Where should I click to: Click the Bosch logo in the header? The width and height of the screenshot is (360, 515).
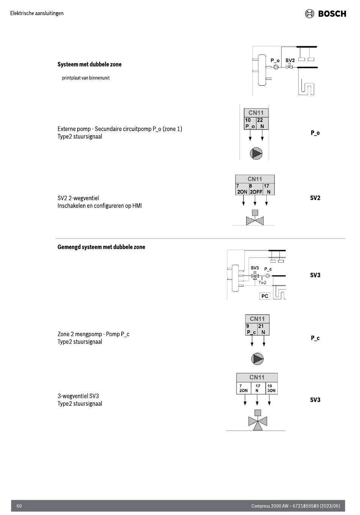(325, 14)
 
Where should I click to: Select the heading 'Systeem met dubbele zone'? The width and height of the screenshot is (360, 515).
(89, 64)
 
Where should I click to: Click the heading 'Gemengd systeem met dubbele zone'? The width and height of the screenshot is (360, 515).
(102, 247)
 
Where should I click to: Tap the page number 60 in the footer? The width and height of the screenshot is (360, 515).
(19, 506)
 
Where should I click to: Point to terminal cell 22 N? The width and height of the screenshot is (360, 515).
(262, 123)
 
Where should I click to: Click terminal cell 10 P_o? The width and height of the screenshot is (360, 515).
(250, 123)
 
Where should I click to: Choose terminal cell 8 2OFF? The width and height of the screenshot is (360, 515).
(256, 189)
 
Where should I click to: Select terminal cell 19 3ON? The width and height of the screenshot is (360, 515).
(271, 388)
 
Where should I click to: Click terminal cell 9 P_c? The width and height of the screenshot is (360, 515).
(251, 329)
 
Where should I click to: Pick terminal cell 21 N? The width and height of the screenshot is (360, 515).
(263, 329)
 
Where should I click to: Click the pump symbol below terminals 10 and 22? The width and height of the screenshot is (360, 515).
(256, 153)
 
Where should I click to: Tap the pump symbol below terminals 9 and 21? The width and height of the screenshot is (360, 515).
(257, 358)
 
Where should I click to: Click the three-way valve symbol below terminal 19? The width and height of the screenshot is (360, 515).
(258, 420)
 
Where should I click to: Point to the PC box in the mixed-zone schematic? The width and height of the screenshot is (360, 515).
(265, 296)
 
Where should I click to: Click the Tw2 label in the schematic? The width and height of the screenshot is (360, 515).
(262, 283)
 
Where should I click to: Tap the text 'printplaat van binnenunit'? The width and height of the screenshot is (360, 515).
(86, 78)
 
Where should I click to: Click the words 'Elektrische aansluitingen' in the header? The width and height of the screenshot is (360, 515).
(37, 13)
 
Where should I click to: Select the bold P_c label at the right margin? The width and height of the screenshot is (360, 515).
(315, 338)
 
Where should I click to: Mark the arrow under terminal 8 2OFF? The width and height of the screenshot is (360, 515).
(255, 200)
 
